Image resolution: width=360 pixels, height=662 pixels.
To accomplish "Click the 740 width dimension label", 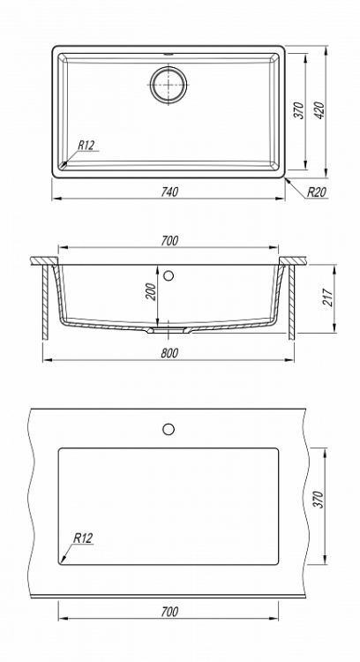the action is tap(169, 192).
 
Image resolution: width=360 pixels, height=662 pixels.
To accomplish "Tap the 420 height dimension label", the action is tap(320, 110).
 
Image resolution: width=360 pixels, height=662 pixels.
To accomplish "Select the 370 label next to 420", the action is tap(299, 110).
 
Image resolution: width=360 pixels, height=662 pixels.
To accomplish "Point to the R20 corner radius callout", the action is tap(316, 192).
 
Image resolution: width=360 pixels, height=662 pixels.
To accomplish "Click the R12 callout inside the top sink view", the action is tap(86, 146).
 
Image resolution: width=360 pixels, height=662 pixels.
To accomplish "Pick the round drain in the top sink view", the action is tap(169, 84).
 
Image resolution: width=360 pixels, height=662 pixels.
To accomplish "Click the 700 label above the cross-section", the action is tap(169, 241).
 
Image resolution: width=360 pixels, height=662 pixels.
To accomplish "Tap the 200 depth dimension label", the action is tap(152, 292).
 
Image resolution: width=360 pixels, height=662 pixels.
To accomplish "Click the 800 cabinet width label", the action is tap(169, 353).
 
